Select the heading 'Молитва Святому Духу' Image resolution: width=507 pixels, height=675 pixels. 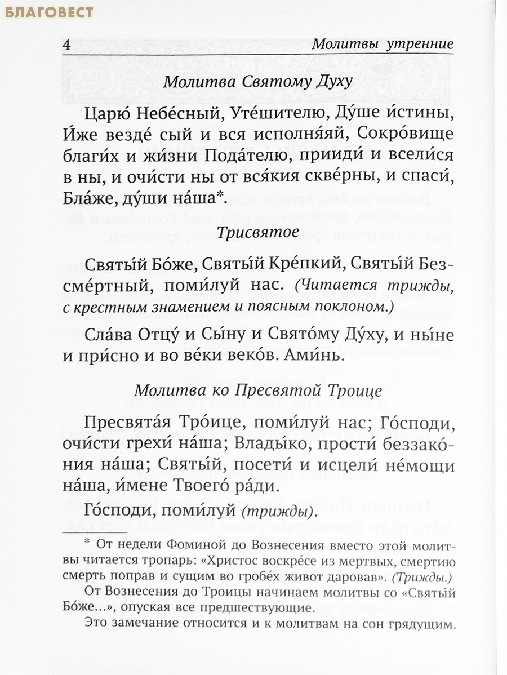coord(258,82)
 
